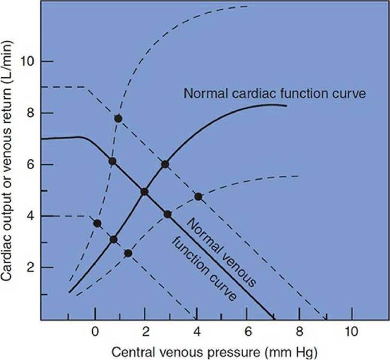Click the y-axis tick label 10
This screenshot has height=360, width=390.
coord(26,61)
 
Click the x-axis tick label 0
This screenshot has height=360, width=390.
coord(95,331)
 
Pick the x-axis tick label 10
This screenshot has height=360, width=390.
coord(351,331)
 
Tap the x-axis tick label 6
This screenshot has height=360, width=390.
coord(249,331)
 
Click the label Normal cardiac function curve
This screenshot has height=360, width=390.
coord(275,93)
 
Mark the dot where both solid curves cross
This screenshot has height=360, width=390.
coord(144,191)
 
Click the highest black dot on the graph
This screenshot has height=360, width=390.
coord(119,119)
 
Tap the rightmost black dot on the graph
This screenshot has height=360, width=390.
coord(198,196)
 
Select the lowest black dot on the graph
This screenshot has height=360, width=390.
coord(128,253)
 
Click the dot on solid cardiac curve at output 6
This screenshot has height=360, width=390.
coord(165,164)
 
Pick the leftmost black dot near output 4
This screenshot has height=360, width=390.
coord(97,223)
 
